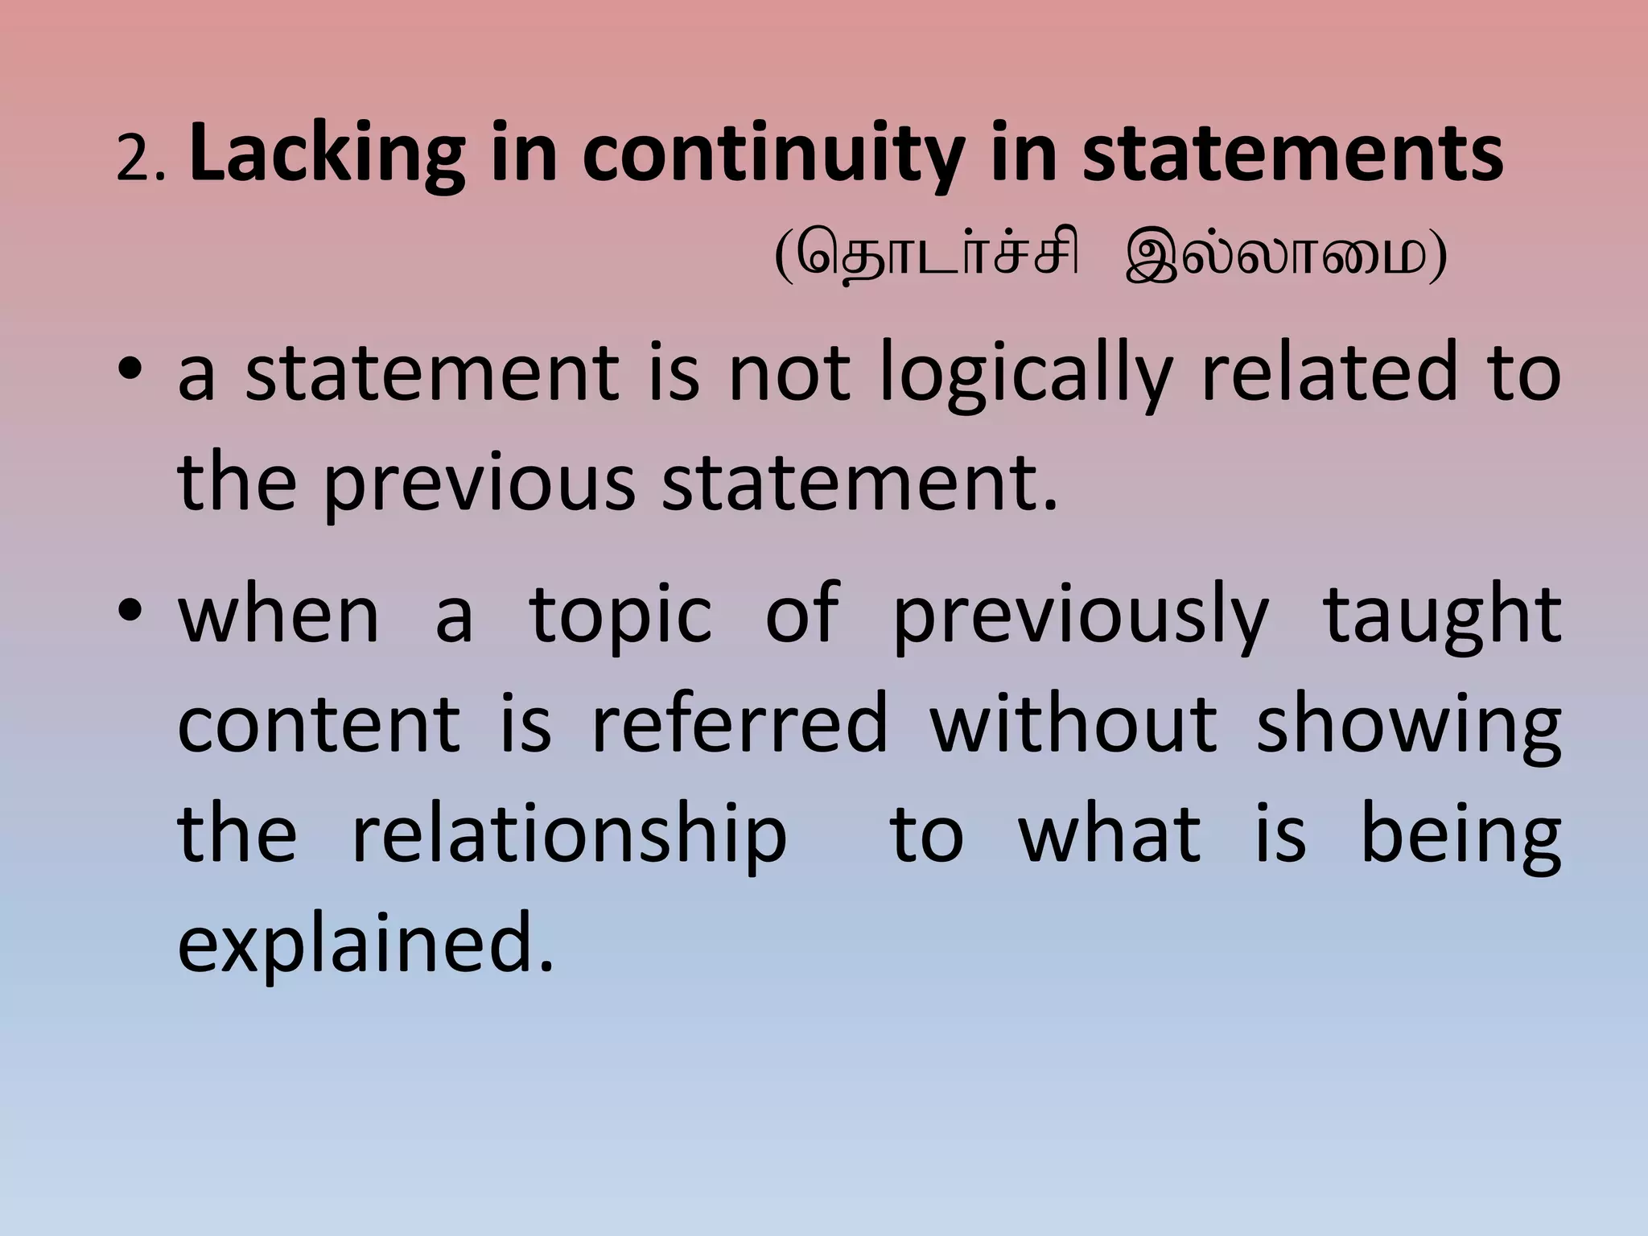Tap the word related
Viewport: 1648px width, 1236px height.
pyautogui.click(x=1329, y=373)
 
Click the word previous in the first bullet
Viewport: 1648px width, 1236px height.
pyautogui.click(x=480, y=482)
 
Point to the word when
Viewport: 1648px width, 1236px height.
pyautogui.click(x=278, y=615)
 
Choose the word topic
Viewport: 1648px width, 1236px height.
pyautogui.click(x=620, y=615)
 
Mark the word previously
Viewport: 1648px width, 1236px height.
pyautogui.click(x=1081, y=615)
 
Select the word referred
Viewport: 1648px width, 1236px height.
pyautogui.click(x=740, y=724)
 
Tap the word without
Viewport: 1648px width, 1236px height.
pyautogui.click(x=1073, y=724)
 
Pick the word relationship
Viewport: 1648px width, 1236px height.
pyautogui.click(x=570, y=834)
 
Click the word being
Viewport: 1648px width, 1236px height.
pyautogui.click(x=1460, y=834)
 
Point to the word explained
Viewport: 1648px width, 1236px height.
pyautogui.click(x=366, y=943)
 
